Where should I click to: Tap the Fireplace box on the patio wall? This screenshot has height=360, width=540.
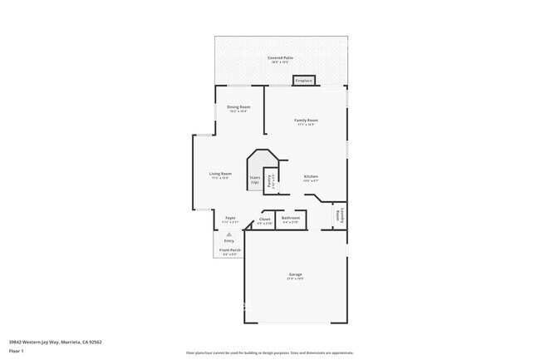click(303, 81)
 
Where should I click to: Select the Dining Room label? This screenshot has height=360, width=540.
click(239, 107)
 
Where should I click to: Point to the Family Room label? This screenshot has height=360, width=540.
click(306, 121)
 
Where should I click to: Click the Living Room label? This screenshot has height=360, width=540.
click(220, 174)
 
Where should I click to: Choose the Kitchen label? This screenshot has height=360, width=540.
click(311, 176)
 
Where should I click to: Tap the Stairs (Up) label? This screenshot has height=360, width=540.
click(255, 180)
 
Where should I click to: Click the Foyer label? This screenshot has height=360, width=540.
click(230, 218)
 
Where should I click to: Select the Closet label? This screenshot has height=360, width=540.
click(265, 219)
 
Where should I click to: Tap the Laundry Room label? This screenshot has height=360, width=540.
click(338, 215)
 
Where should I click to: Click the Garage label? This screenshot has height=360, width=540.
click(295, 274)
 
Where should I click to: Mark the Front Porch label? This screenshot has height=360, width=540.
click(229, 250)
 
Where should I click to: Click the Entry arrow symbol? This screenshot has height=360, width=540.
click(228, 234)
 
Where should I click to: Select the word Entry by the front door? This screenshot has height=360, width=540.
click(228, 241)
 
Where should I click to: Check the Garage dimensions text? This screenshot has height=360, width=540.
click(295, 279)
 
